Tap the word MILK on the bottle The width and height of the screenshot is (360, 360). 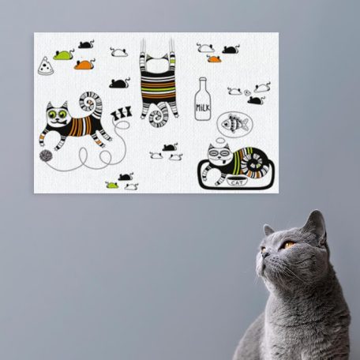pyautogui.click(x=203, y=107)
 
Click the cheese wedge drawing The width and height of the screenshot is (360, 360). pyautogui.click(x=46, y=66)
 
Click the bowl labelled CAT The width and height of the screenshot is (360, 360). pyautogui.click(x=237, y=182)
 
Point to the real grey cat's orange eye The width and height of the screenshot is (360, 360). pyautogui.click(x=289, y=246)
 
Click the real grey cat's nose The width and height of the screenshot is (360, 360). pyautogui.click(x=264, y=254)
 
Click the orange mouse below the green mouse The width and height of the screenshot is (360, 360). pyautogui.click(x=84, y=65)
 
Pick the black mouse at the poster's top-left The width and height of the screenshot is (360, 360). pyautogui.click(x=86, y=44)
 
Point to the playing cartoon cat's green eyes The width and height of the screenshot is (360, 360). pyautogui.click(x=58, y=114)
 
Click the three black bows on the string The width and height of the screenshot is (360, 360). pyautogui.click(x=122, y=113)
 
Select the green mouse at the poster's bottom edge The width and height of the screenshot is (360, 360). pyautogui.click(x=112, y=185)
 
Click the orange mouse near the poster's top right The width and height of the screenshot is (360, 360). pyautogui.click(x=214, y=59)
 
